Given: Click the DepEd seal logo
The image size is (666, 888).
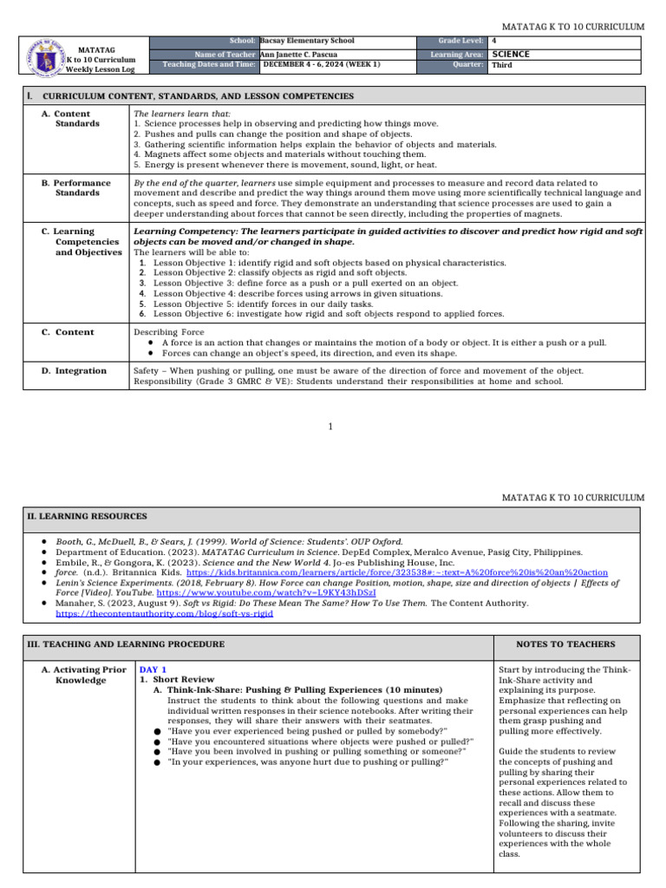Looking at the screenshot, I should [43, 55].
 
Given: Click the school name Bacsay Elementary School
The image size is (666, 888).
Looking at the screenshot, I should [307, 41].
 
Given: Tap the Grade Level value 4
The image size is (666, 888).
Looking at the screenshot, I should [494, 41].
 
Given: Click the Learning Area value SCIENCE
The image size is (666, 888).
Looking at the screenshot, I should [510, 54].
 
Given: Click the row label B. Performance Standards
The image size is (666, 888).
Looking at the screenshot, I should [82, 188].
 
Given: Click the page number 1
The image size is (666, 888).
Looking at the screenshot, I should [332, 426].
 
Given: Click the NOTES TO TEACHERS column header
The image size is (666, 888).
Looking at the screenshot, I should [565, 644].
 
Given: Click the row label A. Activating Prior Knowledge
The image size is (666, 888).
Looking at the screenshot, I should [83, 676].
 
